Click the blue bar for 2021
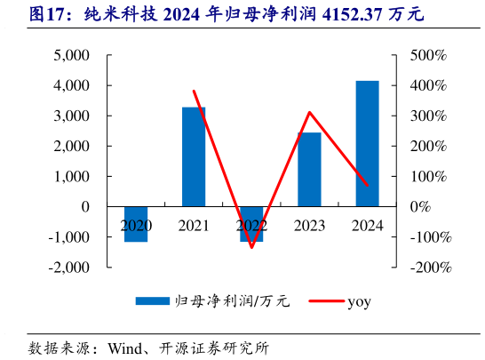(194, 156)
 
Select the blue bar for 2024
(367, 143)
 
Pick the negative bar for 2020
(136, 224)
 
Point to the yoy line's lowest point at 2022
(251, 247)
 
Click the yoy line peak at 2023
(309, 112)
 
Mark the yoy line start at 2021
(194, 91)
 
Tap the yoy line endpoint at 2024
(367, 185)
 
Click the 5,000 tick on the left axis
(72, 55)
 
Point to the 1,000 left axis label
(72, 176)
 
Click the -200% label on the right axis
(430, 267)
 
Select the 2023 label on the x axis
(309, 226)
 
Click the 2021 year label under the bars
(194, 226)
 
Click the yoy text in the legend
(359, 301)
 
